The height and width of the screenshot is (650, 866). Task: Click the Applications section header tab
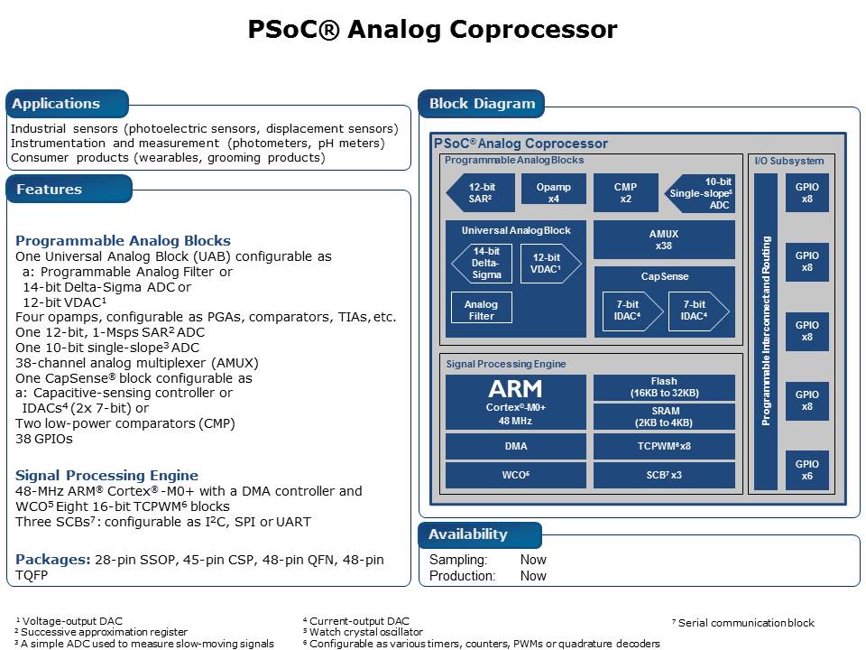coord(56,104)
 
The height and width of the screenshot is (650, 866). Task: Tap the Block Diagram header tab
coord(482,104)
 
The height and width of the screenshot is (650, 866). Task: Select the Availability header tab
coord(468,534)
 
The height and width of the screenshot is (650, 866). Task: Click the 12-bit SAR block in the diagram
coord(480,193)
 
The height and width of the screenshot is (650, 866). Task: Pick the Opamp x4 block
coord(554,193)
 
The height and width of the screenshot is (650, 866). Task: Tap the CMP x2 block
coord(625,193)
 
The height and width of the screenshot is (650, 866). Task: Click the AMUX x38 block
coord(664,240)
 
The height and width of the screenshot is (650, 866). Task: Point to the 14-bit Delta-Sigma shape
coord(486,263)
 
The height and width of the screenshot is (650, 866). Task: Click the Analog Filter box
coord(481,311)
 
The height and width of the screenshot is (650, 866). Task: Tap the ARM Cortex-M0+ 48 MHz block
coord(516,403)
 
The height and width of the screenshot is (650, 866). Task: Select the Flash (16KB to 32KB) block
coord(664,388)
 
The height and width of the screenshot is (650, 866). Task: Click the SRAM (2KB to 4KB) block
coord(664,417)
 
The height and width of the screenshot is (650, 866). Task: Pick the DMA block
coord(516,446)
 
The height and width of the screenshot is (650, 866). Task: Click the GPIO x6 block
coord(807,470)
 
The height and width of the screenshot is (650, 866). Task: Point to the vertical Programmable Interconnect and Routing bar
coord(765,331)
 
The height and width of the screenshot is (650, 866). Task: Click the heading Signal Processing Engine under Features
coord(106,476)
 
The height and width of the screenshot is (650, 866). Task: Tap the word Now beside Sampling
coord(533,560)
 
